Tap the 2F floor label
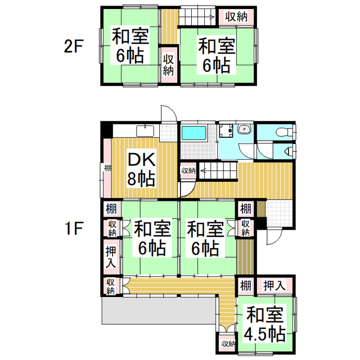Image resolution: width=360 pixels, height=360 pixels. [x=74, y=47]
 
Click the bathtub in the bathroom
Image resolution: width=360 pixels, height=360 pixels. [x=194, y=134]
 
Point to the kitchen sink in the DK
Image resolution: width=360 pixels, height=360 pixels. [x=145, y=130]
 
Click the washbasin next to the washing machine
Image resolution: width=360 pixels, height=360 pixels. [x=244, y=131]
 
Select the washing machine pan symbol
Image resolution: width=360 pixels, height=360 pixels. [x=226, y=132]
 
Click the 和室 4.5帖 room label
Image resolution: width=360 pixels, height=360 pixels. [x=264, y=324]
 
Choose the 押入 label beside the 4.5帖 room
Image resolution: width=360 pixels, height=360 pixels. [x=275, y=285]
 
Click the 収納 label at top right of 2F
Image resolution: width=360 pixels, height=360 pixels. [x=237, y=16]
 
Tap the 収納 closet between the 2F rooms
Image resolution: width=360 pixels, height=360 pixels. [x=168, y=63]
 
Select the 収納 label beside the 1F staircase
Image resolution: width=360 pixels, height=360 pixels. [x=188, y=170]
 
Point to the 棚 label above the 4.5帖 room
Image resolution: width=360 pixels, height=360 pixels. [x=245, y=285]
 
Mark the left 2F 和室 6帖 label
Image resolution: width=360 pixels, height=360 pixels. [x=130, y=47]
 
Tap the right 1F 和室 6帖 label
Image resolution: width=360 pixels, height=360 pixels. [x=204, y=238]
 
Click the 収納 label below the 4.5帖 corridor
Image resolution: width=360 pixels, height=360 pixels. [x=227, y=344]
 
